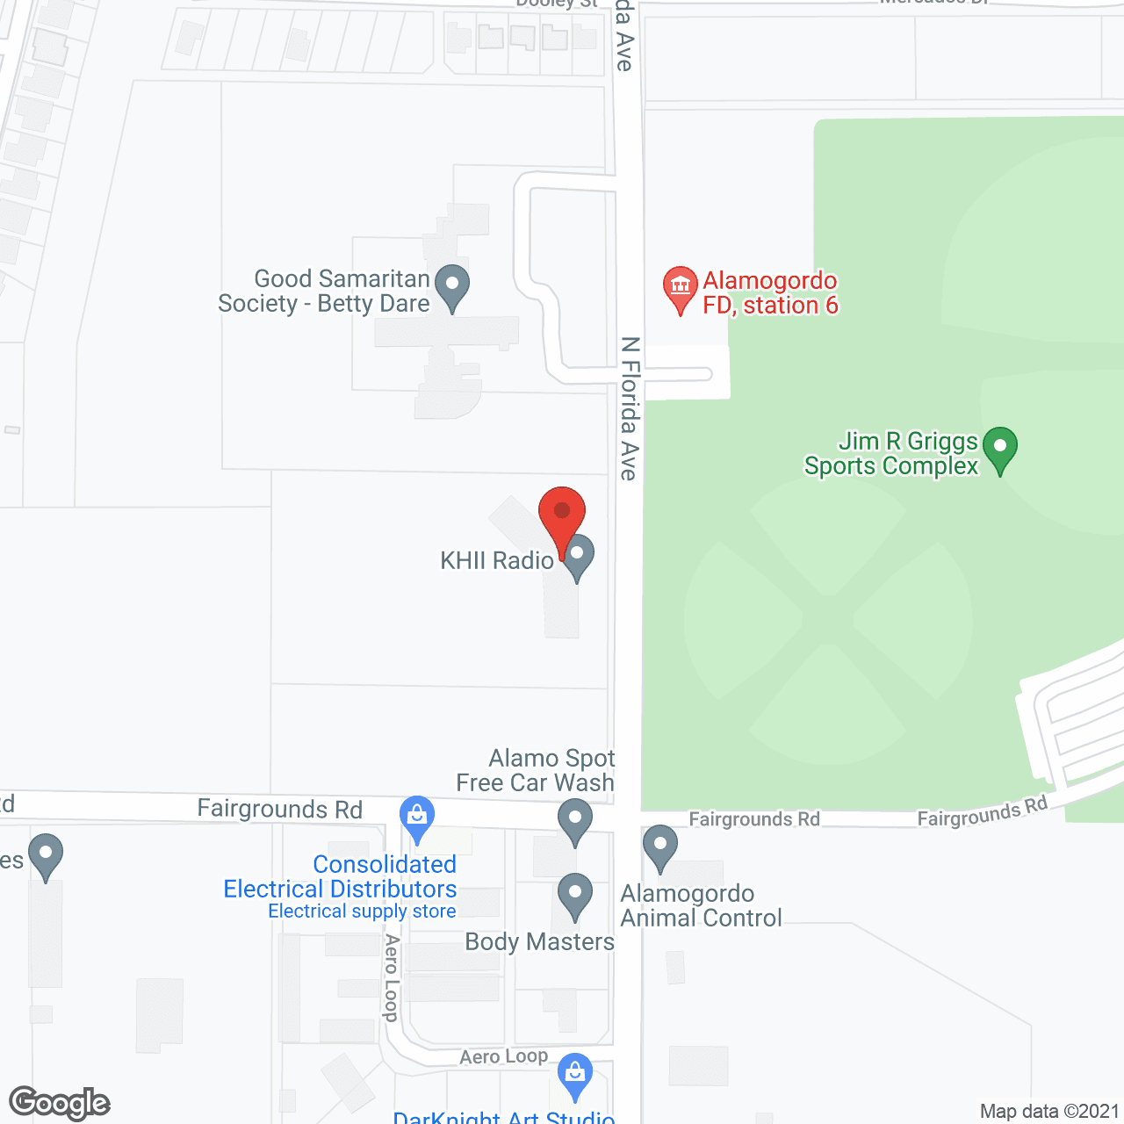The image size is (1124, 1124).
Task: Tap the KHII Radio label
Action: click(x=497, y=560)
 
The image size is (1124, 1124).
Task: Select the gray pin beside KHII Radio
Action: click(x=578, y=557)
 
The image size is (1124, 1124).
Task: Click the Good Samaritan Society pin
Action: click(x=452, y=286)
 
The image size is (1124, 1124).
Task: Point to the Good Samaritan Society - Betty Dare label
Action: click(x=324, y=291)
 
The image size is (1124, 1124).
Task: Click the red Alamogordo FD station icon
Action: click(x=680, y=287)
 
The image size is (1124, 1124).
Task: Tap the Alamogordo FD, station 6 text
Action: click(x=770, y=292)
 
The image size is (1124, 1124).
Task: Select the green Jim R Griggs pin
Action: click(x=999, y=448)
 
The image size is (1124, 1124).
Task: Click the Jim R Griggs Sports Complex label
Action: click(x=891, y=453)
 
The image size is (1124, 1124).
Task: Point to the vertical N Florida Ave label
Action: click(x=630, y=408)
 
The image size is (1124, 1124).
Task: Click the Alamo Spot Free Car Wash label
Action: click(x=536, y=770)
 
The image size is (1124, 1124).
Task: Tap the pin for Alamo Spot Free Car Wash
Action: click(x=575, y=820)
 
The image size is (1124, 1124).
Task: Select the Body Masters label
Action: click(x=539, y=941)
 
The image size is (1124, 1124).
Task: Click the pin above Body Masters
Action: click(x=575, y=894)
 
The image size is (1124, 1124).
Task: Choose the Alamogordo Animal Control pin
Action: click(x=660, y=847)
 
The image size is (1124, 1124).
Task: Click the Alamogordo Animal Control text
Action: click(x=701, y=905)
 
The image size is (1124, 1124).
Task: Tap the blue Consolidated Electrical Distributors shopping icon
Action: click(x=417, y=818)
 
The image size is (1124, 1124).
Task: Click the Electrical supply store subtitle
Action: click(x=362, y=911)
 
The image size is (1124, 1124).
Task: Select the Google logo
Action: click(x=60, y=1103)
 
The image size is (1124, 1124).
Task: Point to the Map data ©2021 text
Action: click(x=1049, y=1111)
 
